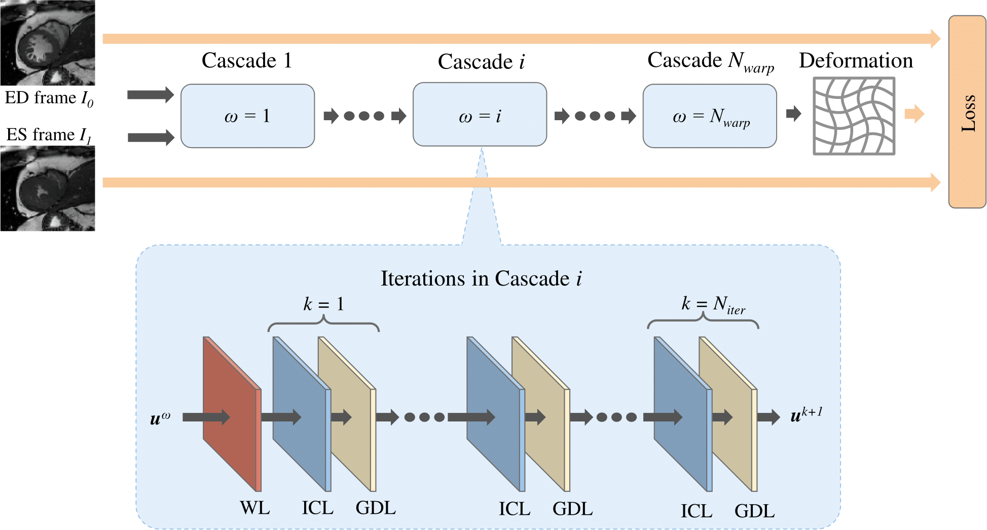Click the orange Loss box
point(967,112)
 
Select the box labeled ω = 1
point(247,116)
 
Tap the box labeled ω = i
point(480,115)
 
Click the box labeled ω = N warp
point(709,116)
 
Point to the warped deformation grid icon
point(854,116)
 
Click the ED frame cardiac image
point(47,43)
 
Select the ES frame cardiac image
point(47,189)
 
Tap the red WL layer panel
point(231,413)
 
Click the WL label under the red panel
point(254,508)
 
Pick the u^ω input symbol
point(160,418)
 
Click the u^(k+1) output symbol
point(806,415)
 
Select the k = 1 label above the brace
point(323,304)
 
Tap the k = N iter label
point(712,304)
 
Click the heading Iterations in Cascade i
point(481,278)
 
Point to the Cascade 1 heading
point(247,60)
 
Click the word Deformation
point(856,60)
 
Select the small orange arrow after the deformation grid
point(914,114)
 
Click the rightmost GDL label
point(754,511)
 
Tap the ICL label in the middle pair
point(515,509)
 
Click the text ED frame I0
point(49,98)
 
